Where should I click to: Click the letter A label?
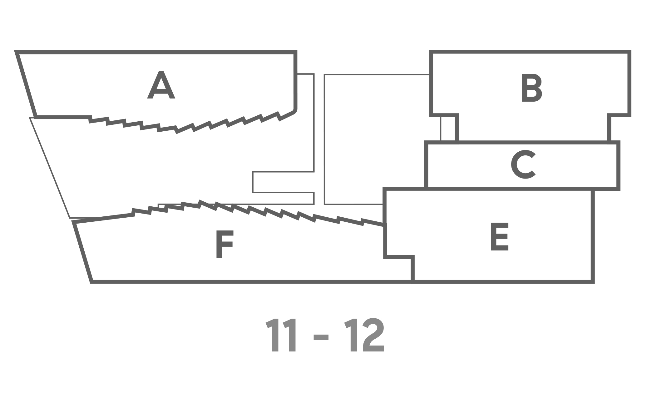pyautogui.click(x=161, y=84)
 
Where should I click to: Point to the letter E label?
pyautogui.click(x=500, y=237)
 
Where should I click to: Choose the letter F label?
pyautogui.click(x=225, y=245)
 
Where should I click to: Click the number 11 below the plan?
pyautogui.click(x=281, y=336)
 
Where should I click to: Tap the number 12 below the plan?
pyautogui.click(x=364, y=336)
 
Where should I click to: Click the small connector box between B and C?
pyautogui.click(x=449, y=129)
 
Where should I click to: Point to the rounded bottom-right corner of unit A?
pyautogui.click(x=294, y=110)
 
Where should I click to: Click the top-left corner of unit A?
pyautogui.click(x=17, y=52)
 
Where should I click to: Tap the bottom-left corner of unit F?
pyautogui.click(x=91, y=282)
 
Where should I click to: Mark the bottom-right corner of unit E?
pyautogui.click(x=593, y=282)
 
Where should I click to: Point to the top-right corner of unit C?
pyautogui.click(x=618, y=143)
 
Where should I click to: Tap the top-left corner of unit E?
pyautogui.click(x=385, y=189)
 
